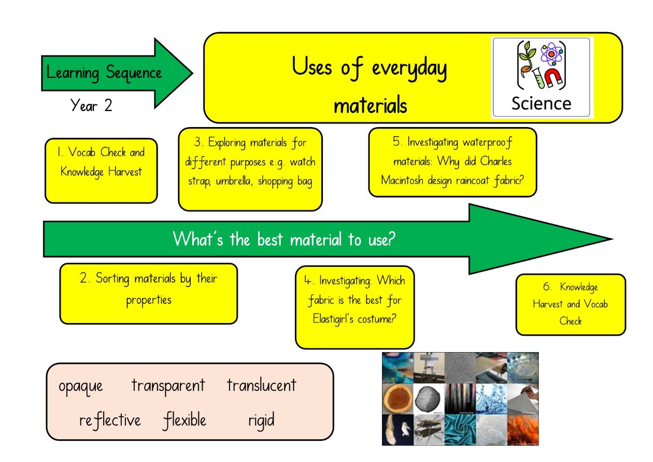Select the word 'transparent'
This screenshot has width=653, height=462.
(168, 386)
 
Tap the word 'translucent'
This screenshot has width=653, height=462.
(262, 385)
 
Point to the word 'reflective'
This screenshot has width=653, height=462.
(110, 420)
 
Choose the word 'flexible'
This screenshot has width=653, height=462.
(184, 420)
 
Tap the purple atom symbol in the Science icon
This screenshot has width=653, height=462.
(551, 54)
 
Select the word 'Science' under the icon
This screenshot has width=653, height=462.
(542, 104)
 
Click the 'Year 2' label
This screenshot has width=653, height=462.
(91, 105)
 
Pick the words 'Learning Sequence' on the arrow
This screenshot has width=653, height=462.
(104, 73)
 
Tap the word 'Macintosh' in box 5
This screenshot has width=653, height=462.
(402, 180)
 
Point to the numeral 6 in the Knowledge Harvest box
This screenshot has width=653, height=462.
(547, 286)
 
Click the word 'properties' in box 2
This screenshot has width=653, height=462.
(149, 300)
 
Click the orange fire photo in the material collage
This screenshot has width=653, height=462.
(523, 430)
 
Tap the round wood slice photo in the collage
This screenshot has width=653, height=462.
(398, 399)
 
